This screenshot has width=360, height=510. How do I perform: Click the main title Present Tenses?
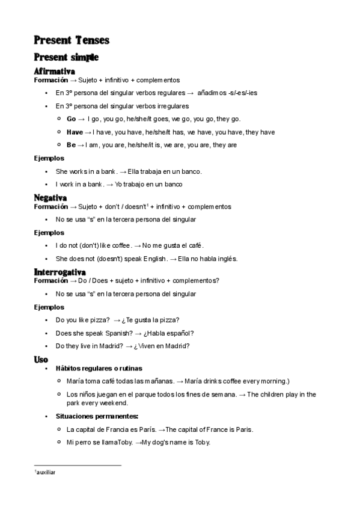pyautogui.click(x=72, y=40)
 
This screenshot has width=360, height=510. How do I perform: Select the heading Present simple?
pyautogui.click(x=66, y=58)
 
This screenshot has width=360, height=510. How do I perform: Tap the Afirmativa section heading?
pyautogui.click(x=54, y=72)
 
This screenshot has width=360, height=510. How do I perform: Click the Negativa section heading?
pyautogui.click(x=50, y=198)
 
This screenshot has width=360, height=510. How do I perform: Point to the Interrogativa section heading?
pyautogui.click(x=59, y=272)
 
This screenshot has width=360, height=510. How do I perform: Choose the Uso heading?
pyautogui.click(x=41, y=360)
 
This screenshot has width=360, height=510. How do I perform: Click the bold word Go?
pyautogui.click(x=72, y=119)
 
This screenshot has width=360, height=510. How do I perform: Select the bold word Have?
pyautogui.click(x=75, y=132)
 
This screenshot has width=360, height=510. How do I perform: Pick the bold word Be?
pyautogui.click(x=71, y=145)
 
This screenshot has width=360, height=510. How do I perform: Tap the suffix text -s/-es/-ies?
pyautogui.click(x=239, y=93)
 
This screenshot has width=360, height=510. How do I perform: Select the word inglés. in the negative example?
pyautogui.click(x=225, y=259)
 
